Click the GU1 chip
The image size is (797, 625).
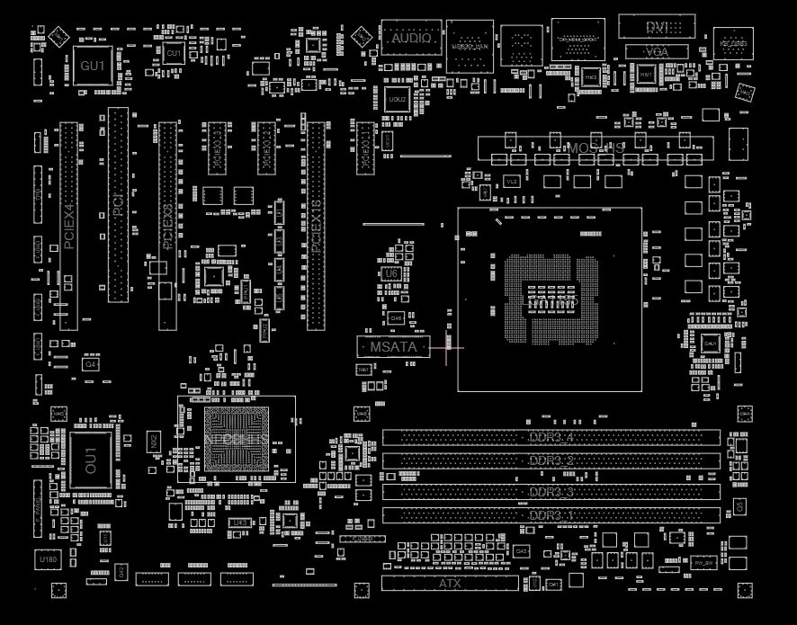(x=92, y=66)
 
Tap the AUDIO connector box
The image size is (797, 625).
(x=410, y=40)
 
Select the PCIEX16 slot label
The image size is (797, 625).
(x=315, y=226)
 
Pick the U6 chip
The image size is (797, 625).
(x=390, y=272)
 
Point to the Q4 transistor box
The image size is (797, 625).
(x=90, y=365)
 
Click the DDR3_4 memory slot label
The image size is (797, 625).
(x=551, y=438)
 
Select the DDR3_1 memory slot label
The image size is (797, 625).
(x=551, y=515)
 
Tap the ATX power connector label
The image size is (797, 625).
(x=450, y=584)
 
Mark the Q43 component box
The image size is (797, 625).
(x=522, y=550)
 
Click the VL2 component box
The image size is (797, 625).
(x=512, y=182)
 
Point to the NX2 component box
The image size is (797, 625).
(x=154, y=442)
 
